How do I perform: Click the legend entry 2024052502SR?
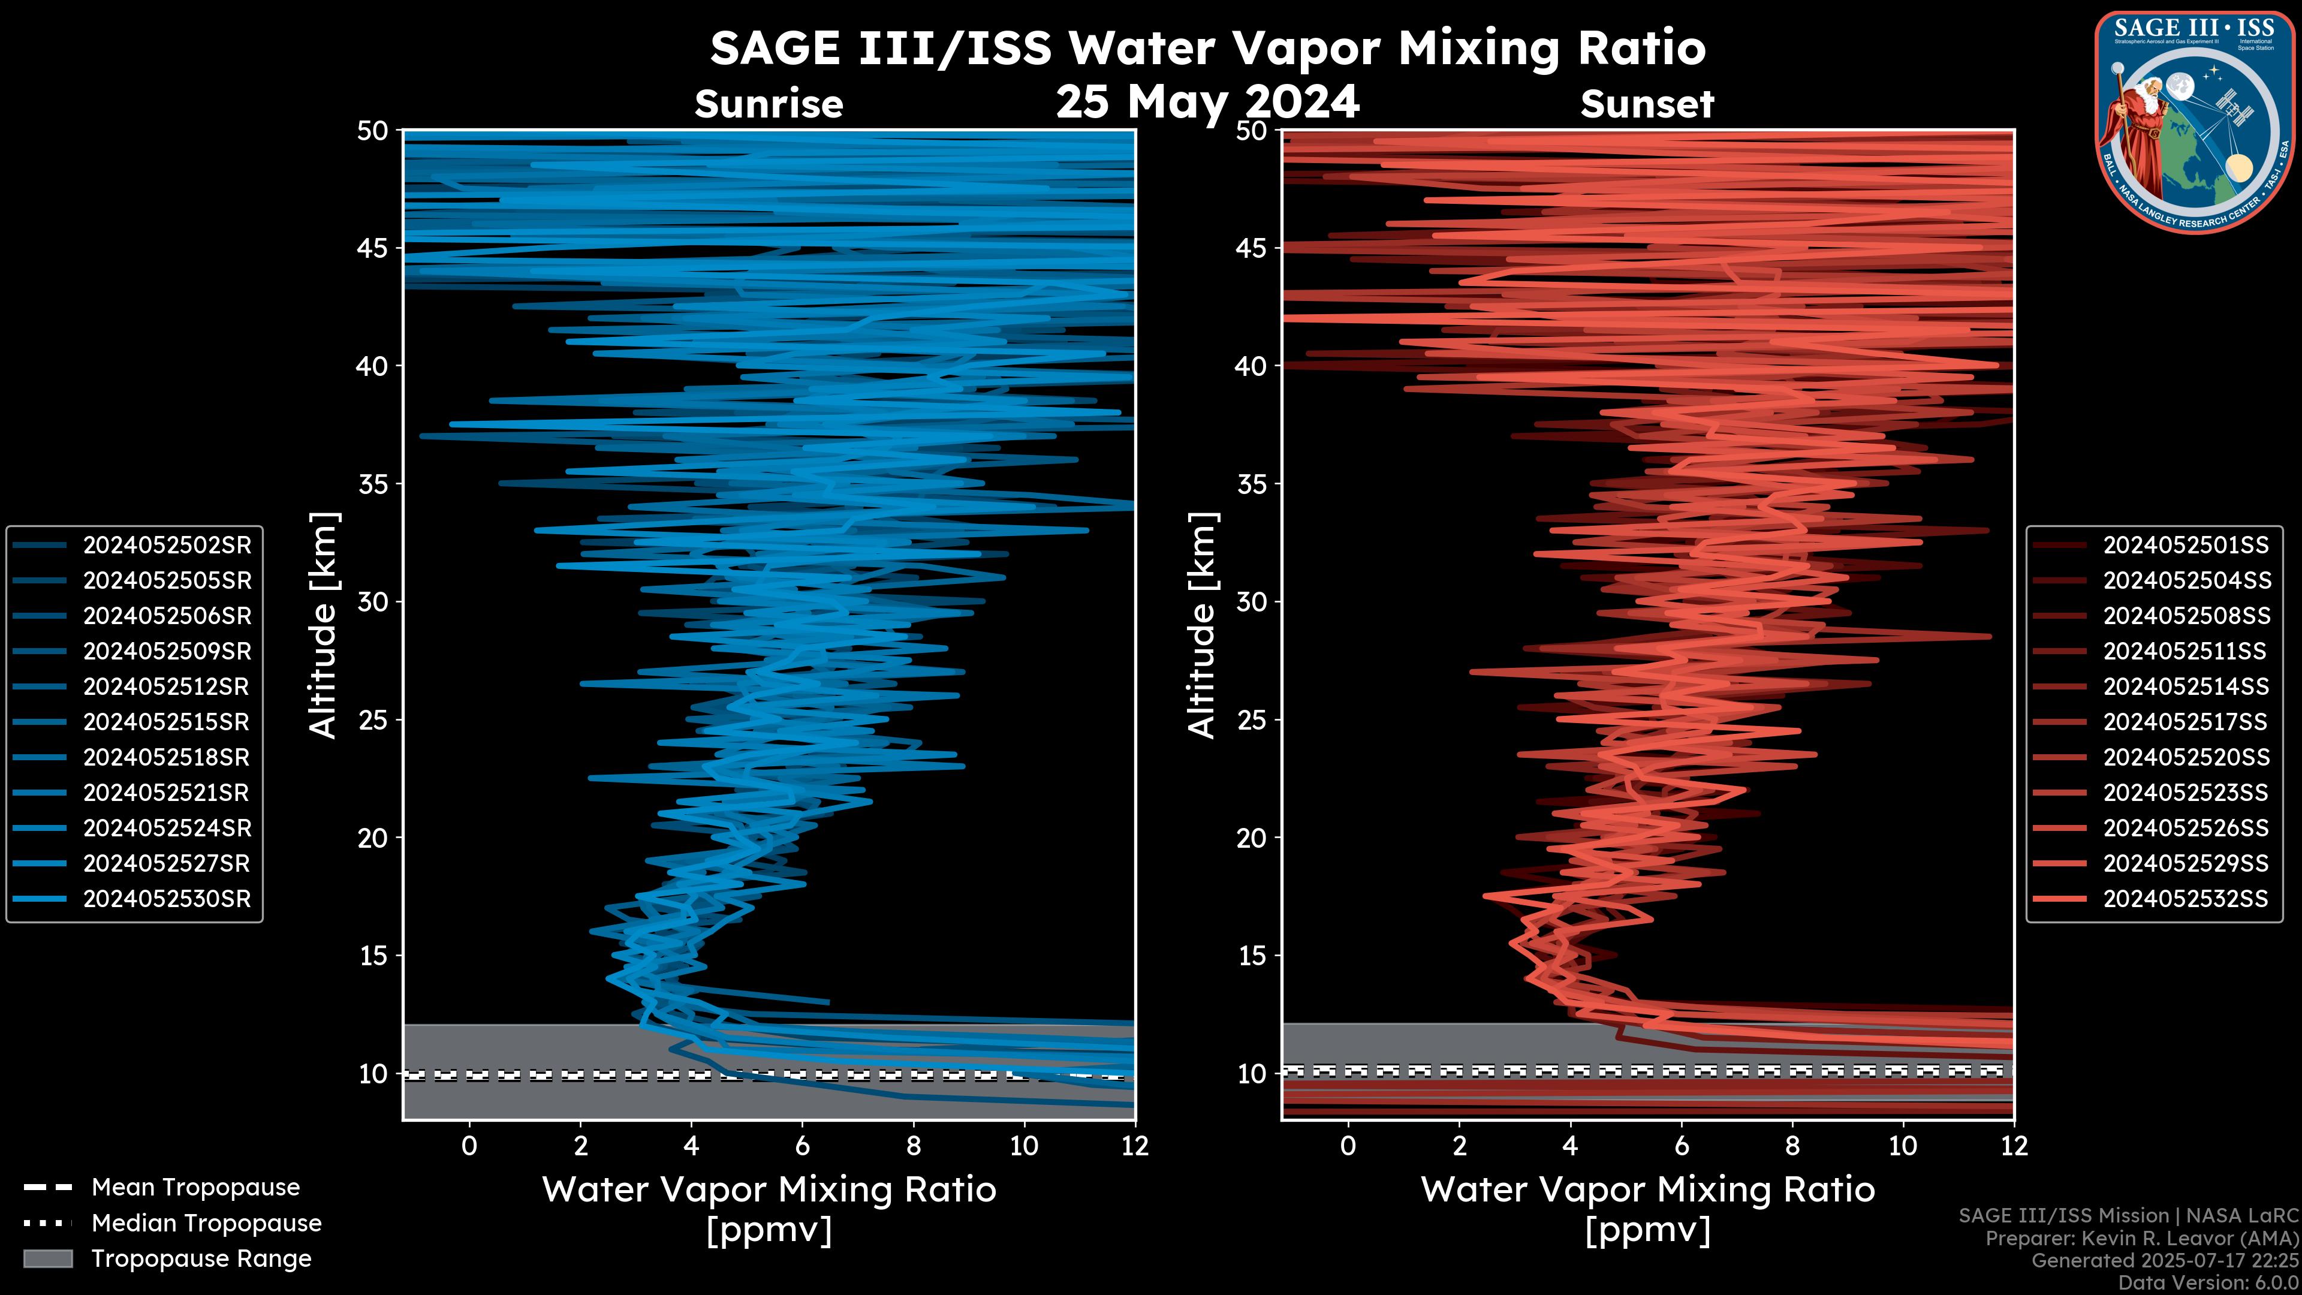[166, 545]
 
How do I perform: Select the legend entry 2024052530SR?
[166, 899]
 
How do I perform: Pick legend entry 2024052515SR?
[166, 722]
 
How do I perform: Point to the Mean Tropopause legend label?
[195, 1188]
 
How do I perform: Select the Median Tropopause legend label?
[206, 1224]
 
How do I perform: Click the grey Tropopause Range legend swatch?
[48, 1258]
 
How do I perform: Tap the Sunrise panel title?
[769, 104]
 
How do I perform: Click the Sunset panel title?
[1647, 104]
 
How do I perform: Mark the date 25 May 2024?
[1207, 102]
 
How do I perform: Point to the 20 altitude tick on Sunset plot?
[1252, 838]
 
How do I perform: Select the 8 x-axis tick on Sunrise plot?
[912, 1146]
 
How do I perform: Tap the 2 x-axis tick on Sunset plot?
[1459, 1146]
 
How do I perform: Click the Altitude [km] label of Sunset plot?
[1203, 625]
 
